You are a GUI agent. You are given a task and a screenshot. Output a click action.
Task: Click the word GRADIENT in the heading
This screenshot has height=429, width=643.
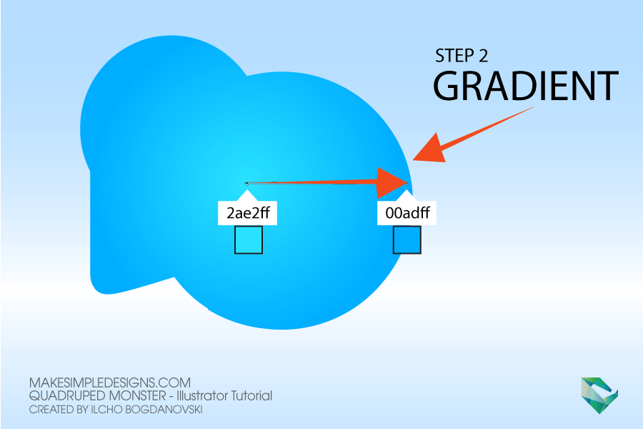[526, 86]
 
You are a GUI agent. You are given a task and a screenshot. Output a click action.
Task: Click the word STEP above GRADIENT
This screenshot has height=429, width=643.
[454, 56]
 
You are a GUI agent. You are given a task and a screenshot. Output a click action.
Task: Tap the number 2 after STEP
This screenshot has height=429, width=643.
[484, 56]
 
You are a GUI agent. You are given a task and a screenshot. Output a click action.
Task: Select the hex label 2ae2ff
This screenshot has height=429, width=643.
[248, 213]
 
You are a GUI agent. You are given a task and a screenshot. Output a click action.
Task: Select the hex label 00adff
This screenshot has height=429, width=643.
[407, 213]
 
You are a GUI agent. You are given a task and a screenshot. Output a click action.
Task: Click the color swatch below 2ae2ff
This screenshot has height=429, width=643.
[249, 240]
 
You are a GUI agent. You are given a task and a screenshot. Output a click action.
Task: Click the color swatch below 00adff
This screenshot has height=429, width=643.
[407, 240]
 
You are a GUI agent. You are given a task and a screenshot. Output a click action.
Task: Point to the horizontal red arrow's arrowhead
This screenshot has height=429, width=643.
[392, 183]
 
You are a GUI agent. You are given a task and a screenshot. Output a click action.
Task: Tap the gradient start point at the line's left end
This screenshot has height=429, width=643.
[246, 184]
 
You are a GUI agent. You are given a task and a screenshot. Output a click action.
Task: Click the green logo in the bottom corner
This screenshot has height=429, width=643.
[599, 395]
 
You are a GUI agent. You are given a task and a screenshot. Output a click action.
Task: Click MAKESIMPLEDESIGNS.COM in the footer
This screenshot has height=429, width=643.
[110, 383]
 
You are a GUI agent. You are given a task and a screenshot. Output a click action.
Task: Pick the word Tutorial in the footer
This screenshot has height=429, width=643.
[252, 395]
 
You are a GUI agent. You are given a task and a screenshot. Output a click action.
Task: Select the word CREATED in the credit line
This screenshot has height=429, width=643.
[51, 410]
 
